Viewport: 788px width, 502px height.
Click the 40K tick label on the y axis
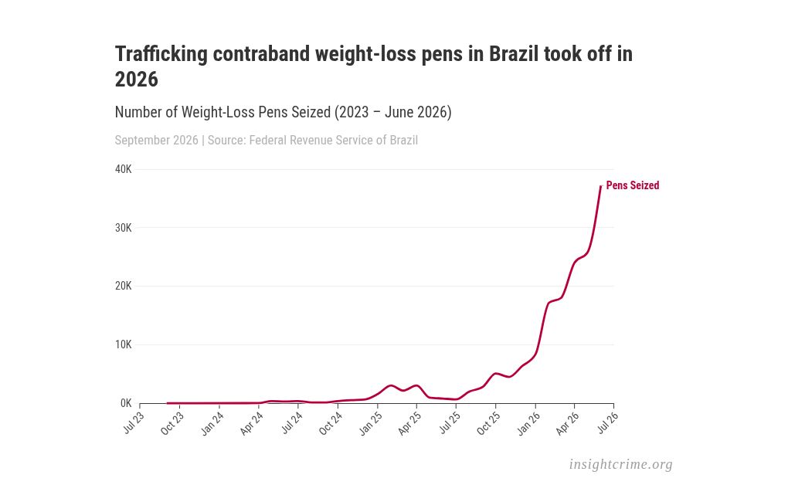(x=123, y=169)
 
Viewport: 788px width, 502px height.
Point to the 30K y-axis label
(x=123, y=228)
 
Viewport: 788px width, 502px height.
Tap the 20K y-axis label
(x=123, y=286)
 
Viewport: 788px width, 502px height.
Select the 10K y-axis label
(x=123, y=344)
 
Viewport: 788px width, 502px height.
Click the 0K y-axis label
(x=126, y=403)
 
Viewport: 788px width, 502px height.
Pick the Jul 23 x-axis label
(x=134, y=422)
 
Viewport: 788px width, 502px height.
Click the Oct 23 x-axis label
(x=172, y=423)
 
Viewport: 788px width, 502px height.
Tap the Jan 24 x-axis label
(x=212, y=423)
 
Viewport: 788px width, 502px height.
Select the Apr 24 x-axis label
(x=251, y=423)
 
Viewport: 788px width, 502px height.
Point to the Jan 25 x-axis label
(x=370, y=423)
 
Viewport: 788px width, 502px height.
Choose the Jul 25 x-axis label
(x=450, y=422)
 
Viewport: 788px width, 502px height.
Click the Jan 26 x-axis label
(x=528, y=423)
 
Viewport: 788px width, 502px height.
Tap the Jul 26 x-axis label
(x=608, y=422)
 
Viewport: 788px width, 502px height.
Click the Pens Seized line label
(x=633, y=185)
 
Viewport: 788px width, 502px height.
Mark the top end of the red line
(x=600, y=186)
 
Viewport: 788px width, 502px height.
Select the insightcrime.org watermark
(x=620, y=464)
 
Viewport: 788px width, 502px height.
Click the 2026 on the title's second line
(x=137, y=79)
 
